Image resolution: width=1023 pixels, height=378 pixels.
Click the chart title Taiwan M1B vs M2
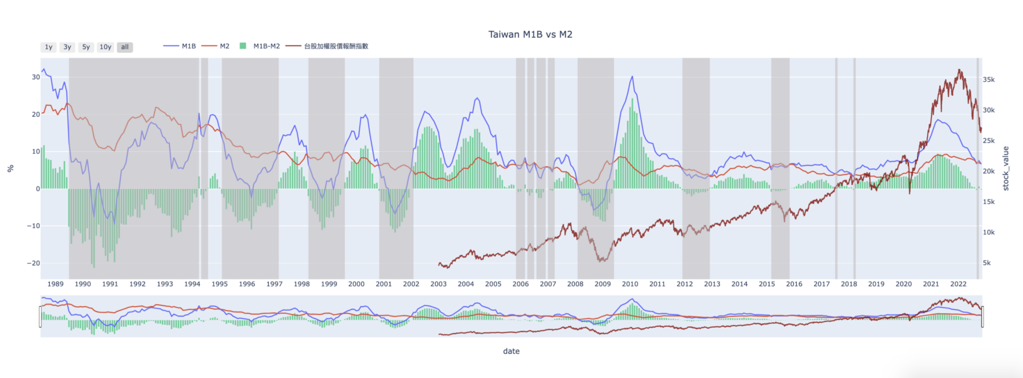530,34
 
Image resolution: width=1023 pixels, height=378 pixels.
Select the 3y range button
67,47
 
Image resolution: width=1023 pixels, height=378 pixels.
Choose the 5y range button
86,47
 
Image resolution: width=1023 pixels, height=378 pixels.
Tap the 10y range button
105,47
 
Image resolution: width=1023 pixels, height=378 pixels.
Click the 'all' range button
125,47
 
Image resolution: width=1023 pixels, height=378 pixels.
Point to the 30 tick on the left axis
36,77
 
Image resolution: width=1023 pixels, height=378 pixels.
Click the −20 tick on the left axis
33,263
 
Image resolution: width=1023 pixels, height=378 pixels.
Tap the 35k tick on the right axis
989,79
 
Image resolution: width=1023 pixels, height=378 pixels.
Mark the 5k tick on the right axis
987,263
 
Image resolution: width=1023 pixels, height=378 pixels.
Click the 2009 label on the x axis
602,284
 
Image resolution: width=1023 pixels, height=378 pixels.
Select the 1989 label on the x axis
55,284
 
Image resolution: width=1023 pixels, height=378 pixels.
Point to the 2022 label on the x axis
958,284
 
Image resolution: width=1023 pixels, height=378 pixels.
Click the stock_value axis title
1006,168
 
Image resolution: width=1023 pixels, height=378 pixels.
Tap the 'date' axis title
511,351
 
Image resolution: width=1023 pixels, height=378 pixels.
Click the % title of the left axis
10,168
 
